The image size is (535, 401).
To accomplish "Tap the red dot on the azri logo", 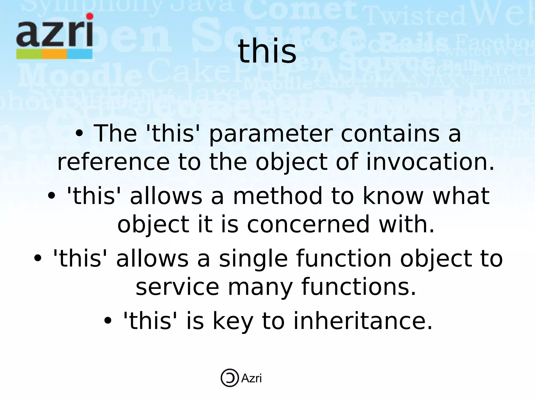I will point(90,16).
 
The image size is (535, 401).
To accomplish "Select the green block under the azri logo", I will point(29,54).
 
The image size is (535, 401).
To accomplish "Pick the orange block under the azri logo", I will point(54,54).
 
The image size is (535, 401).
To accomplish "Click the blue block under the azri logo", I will point(80,54).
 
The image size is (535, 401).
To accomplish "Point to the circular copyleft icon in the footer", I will point(230,378).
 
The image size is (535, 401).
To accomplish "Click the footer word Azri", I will point(251,378).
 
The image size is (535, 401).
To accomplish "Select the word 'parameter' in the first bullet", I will point(271,134).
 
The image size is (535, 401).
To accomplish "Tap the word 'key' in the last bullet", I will point(233,321).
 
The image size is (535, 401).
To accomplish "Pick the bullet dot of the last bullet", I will point(108,321).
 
